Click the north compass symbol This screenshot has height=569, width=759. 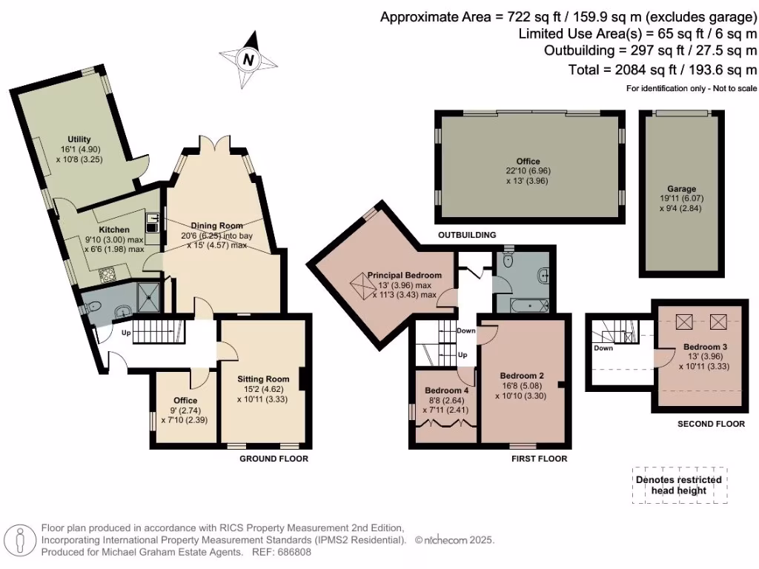(248, 60)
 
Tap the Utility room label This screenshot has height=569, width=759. (79, 139)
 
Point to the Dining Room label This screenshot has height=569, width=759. (216, 226)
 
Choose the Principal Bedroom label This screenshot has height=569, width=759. (404, 275)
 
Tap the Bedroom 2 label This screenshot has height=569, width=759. (522, 374)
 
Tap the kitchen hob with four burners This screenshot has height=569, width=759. (109, 276)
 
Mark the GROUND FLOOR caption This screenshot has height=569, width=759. (274, 459)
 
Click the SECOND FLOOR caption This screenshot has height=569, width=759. (711, 425)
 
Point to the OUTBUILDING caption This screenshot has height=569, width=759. (466, 235)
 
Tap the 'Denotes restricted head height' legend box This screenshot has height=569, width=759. (680, 485)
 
